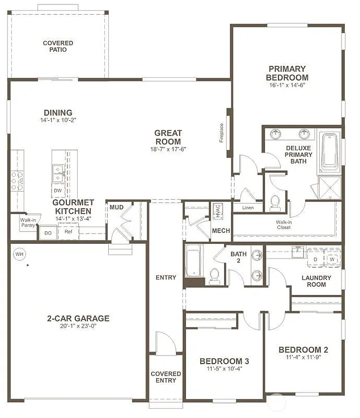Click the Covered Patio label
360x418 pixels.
58,46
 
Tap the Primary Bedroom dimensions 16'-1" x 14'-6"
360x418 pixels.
288,85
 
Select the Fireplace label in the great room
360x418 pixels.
221,133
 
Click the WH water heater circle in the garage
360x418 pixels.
20,254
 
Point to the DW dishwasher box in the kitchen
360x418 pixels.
58,190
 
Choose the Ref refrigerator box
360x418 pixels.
69,232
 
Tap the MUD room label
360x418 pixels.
116,207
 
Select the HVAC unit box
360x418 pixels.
216,210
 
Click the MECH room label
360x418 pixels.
221,231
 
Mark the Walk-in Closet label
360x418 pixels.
283,224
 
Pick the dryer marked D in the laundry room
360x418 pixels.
315,260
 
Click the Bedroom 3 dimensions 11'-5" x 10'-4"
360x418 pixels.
224,368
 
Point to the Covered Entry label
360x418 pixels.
166,377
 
